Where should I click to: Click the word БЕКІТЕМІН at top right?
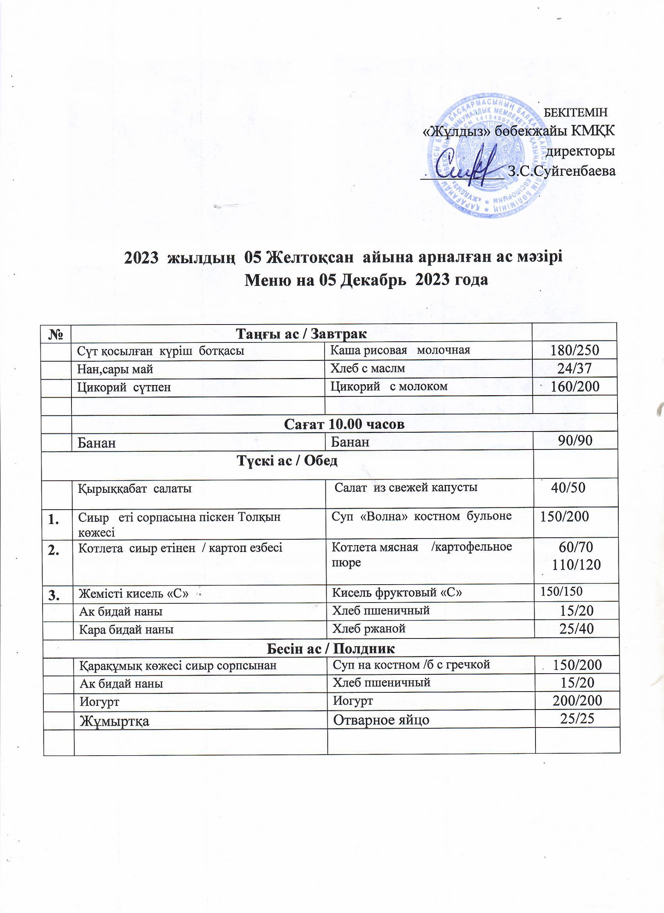point(575,112)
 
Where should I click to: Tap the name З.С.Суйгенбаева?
point(562,171)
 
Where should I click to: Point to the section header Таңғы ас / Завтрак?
point(301,334)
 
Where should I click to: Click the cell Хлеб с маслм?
point(368,368)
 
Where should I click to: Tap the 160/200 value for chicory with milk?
point(575,387)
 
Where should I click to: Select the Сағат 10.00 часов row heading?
point(344,424)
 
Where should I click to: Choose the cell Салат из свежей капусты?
point(406,487)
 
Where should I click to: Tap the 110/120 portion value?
point(577,565)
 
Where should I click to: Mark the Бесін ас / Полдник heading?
point(331,649)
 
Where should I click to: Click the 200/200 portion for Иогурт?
point(577,701)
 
